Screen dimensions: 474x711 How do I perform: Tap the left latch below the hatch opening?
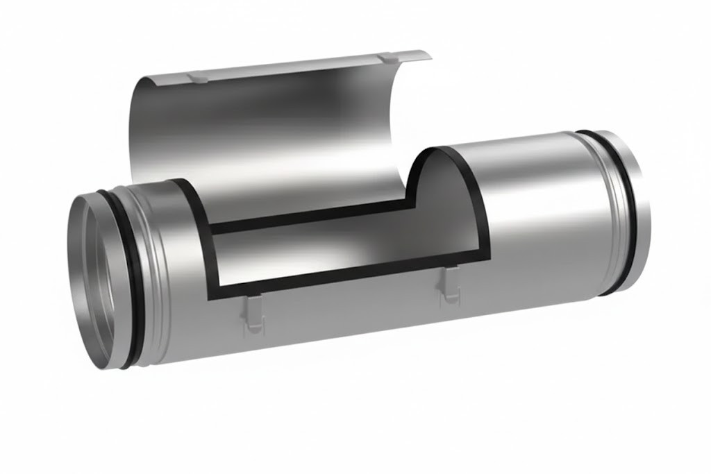pyautogui.click(x=251, y=312)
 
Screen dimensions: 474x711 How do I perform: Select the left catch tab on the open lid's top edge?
pyautogui.click(x=197, y=77)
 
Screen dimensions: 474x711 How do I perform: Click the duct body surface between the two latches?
pyautogui.click(x=347, y=312)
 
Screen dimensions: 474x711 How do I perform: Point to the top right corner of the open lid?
pyautogui.click(x=428, y=52)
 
